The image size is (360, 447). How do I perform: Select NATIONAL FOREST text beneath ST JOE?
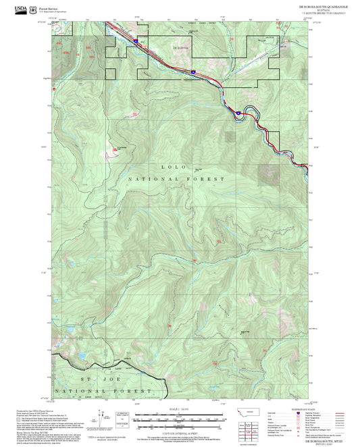95,392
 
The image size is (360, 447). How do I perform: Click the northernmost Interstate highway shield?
135,41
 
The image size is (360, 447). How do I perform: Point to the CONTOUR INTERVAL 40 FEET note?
180,431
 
